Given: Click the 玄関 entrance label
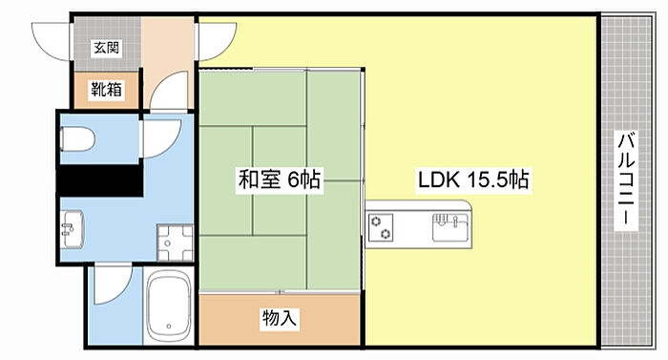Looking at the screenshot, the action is [x=106, y=48].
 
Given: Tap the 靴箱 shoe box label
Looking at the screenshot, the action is [x=106, y=90].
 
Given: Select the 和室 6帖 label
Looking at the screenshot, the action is [x=280, y=180].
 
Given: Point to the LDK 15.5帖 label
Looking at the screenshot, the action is [x=473, y=180].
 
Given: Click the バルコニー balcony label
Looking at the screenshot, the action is [x=626, y=180].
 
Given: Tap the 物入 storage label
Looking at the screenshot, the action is [x=279, y=317].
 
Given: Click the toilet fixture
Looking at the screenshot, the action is [x=77, y=139].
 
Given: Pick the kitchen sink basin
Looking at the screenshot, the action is [x=449, y=227].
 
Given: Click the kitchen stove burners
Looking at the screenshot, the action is [x=382, y=228].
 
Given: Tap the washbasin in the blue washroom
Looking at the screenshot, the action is [x=72, y=229].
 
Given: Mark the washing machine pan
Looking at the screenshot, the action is [x=175, y=243].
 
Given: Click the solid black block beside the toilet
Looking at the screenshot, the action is [x=100, y=180].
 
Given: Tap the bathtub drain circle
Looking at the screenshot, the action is [x=169, y=327].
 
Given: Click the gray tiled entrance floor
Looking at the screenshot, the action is [x=108, y=43].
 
